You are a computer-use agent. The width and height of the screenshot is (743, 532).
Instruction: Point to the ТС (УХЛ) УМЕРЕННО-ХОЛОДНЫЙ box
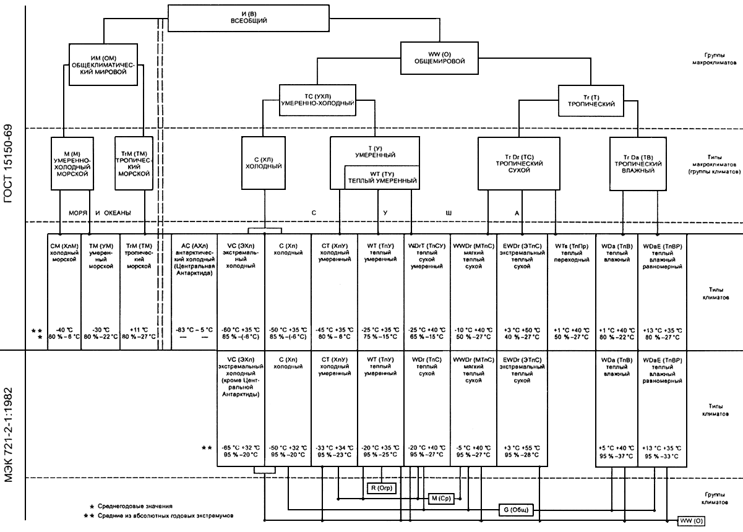click(317, 100)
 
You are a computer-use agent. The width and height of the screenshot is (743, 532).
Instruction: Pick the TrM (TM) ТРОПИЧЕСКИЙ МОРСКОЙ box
click(134, 163)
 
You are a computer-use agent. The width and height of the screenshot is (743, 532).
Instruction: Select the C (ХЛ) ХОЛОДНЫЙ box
click(264, 163)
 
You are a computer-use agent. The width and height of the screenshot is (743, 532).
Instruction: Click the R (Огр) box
click(382, 488)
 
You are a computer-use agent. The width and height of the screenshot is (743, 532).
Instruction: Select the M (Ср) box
click(441, 499)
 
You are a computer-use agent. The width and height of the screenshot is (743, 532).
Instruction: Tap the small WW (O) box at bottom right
click(691, 520)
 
